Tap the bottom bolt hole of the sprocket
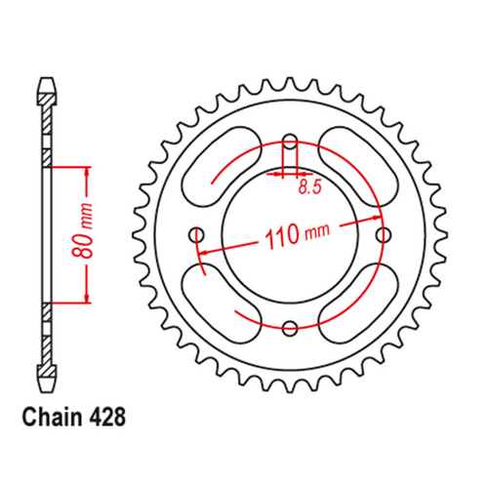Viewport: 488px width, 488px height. coord(291,327)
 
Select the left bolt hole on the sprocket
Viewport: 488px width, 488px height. coord(198,234)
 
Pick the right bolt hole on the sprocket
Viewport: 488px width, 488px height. coord(384,234)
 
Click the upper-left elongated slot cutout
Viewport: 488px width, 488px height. coord(221,165)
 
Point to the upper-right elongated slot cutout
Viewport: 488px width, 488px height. coord(361,165)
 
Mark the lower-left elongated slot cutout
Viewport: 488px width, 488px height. coord(221,304)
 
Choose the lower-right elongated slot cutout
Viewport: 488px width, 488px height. coord(361,304)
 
